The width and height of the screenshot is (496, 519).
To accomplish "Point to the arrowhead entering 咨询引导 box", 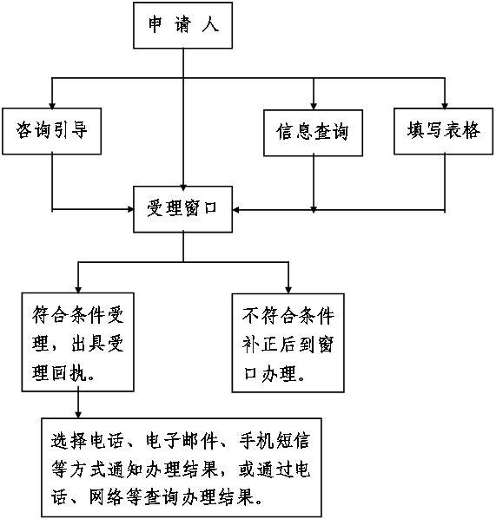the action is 52,105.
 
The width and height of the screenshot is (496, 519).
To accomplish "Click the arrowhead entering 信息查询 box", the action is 314,106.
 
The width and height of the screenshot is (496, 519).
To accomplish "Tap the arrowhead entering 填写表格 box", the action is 445,105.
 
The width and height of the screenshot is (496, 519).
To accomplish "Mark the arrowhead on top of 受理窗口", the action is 183,187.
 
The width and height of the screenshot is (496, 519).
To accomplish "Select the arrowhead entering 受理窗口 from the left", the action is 130,209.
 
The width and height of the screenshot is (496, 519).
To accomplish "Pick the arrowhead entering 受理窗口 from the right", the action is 236,209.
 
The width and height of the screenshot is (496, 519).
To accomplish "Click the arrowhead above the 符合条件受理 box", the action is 78,289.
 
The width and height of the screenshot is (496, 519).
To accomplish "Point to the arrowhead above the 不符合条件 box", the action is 288,290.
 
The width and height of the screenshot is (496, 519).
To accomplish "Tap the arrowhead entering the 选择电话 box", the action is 78,415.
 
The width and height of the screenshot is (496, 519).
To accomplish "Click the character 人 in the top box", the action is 211,25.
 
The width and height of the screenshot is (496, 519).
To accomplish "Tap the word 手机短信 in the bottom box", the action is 275,441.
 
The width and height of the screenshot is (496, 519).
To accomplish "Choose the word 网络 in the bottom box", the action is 106,496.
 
